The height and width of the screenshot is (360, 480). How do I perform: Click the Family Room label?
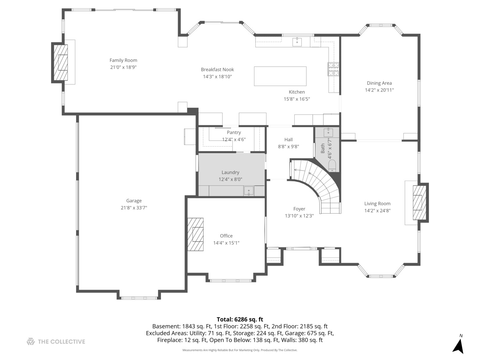123,60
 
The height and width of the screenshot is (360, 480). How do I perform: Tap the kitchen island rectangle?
280,76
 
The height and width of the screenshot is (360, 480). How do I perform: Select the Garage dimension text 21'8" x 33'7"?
134,208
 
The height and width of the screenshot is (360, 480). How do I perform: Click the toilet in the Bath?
332,165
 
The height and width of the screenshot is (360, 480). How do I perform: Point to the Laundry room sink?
249,191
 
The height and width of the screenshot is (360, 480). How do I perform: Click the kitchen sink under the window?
297,42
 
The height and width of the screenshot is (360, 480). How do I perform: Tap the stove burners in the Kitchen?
333,69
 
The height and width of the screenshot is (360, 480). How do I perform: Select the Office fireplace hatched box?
195,234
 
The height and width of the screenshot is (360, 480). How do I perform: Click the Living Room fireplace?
419,202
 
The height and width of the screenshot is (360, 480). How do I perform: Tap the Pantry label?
234,132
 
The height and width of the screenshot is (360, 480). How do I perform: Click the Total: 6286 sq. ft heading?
240,319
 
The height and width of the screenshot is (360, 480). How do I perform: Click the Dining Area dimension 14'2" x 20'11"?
379,90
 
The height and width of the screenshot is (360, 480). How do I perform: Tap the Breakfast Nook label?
217,69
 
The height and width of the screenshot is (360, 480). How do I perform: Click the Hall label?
289,139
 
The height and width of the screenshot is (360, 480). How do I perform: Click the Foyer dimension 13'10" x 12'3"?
299,216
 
